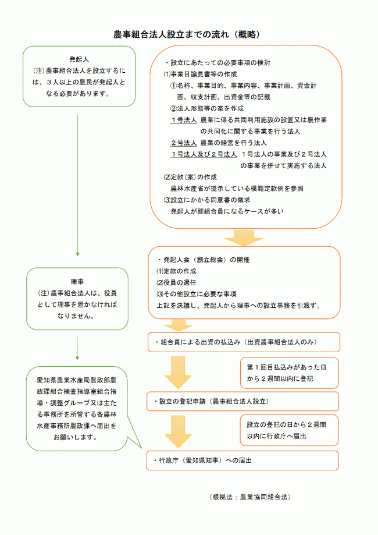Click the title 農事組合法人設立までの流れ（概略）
tap(187, 35)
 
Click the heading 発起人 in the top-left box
tap(78, 59)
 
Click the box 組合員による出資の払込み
tap(243, 342)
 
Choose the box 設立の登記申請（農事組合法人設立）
tap(243, 401)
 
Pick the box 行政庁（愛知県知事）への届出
tap(243, 460)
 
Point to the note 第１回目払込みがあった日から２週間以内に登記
tap(288, 373)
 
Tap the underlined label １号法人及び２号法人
tap(204, 154)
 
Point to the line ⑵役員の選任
tap(177, 282)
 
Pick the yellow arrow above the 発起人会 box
tap(241, 238)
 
